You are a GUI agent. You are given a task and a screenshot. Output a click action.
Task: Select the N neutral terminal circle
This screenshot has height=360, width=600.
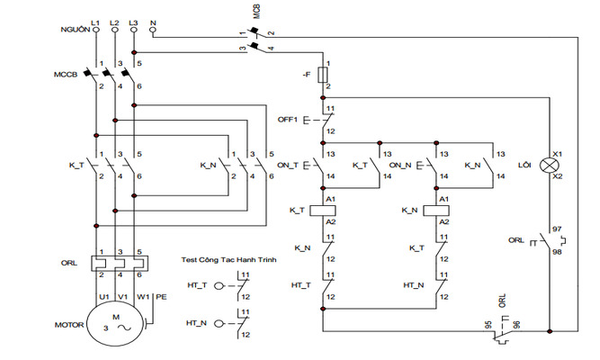154,30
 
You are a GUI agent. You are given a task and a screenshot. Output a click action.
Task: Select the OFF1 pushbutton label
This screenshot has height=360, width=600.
289,119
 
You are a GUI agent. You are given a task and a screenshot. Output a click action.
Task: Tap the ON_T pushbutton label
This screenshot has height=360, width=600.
289,166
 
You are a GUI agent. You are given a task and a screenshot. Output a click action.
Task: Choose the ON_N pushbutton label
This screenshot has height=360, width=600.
401,166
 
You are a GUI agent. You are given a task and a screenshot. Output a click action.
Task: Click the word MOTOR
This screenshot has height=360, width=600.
68,323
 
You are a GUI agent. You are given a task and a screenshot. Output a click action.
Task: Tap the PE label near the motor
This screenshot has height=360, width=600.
161,294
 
